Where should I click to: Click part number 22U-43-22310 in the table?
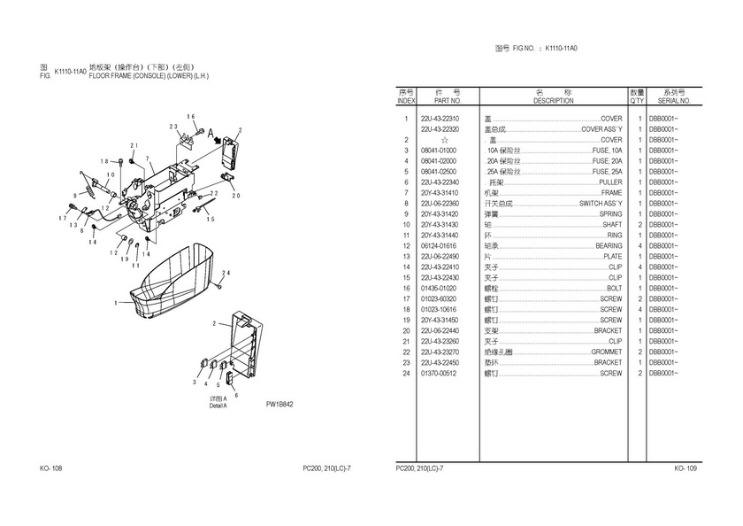pyautogui.click(x=439, y=119)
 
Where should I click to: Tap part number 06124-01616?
pyautogui.click(x=439, y=246)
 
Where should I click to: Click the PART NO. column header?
pyautogui.click(x=439, y=101)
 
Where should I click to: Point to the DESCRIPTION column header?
pyautogui.click(x=554, y=101)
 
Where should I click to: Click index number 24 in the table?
pyautogui.click(x=405, y=374)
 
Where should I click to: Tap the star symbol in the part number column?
pyautogui.click(x=443, y=140)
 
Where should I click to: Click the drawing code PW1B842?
pyautogui.click(x=280, y=405)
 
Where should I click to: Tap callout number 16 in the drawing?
pyautogui.click(x=190, y=116)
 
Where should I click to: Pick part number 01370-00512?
pyautogui.click(x=439, y=374)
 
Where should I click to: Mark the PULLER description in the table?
pyautogui.click(x=610, y=182)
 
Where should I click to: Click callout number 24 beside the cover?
pyautogui.click(x=226, y=274)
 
